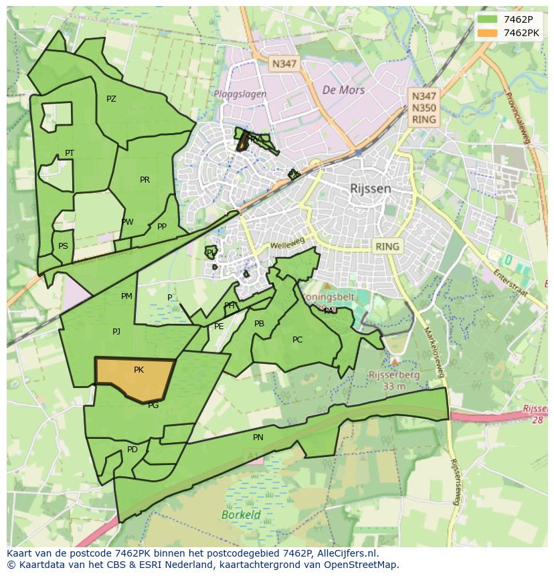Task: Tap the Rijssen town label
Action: coord(370,189)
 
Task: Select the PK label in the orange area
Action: coord(138,370)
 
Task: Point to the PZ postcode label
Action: coord(111,99)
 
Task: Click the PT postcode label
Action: coord(70,153)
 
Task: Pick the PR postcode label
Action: coord(145,180)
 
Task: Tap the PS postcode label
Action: coord(63,246)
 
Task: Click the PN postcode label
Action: coord(258,438)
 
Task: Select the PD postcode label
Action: coord(132,450)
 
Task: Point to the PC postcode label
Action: coord(297,340)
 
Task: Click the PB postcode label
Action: coord(259,324)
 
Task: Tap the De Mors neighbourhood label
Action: coord(343,90)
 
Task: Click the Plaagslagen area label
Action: coord(240,94)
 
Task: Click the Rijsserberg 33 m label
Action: coord(395,381)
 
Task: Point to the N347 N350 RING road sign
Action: coord(424,108)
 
